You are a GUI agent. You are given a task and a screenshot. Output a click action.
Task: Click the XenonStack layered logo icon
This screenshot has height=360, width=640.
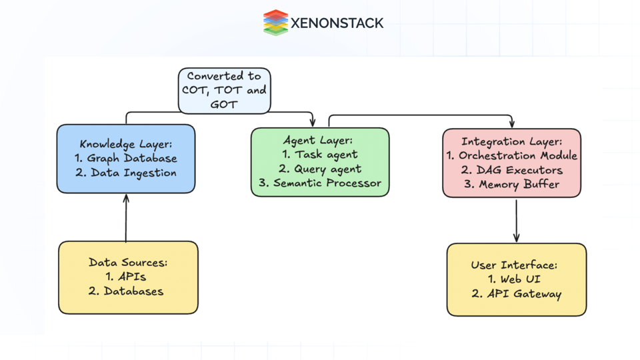point(275,23)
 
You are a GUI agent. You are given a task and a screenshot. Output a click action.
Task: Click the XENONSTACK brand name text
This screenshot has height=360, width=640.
point(337,23)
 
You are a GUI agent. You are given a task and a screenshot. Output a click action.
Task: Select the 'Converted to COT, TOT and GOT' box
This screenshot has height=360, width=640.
point(224,91)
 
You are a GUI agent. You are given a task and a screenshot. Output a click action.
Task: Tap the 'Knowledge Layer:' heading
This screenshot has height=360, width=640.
point(126,144)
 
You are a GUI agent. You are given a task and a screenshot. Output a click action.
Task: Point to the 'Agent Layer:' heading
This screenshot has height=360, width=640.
point(318,141)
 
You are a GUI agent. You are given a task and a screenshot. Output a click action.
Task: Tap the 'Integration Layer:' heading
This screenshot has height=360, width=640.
point(512,141)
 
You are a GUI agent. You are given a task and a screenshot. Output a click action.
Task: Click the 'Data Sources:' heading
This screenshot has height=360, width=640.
point(128,263)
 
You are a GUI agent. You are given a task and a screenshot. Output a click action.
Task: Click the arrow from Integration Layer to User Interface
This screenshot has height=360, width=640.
point(517,220)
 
